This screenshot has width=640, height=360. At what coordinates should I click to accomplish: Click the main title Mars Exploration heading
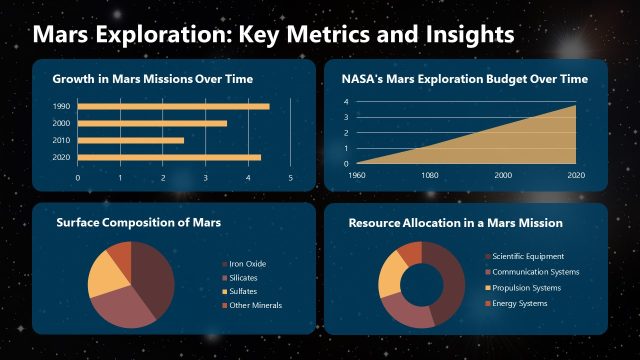point(273,34)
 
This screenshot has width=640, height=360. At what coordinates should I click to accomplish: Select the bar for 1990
point(173,106)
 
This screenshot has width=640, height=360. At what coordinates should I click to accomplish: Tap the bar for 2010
point(130,140)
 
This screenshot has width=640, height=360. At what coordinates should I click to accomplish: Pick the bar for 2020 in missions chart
point(169,157)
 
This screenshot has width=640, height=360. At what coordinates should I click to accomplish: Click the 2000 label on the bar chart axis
point(62,123)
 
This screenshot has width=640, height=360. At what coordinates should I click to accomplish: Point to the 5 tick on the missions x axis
point(290,178)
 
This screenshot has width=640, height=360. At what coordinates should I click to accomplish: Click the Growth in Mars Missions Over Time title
point(152,78)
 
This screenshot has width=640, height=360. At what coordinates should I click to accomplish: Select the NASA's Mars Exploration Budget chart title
point(458,78)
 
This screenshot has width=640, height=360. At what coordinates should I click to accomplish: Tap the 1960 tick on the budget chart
point(357,175)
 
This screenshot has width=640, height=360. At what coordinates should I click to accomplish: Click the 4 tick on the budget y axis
point(346,102)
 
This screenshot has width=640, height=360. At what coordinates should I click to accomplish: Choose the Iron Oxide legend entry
point(247,264)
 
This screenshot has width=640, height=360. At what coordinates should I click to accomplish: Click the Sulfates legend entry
point(244,291)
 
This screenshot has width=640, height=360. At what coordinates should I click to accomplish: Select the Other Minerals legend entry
point(255,305)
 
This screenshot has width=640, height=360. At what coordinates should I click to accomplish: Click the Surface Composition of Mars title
point(137,222)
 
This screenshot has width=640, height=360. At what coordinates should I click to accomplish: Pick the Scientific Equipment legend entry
point(528,257)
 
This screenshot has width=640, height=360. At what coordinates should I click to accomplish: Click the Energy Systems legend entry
point(520,303)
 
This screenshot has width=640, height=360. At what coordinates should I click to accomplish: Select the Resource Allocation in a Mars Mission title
point(456,222)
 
